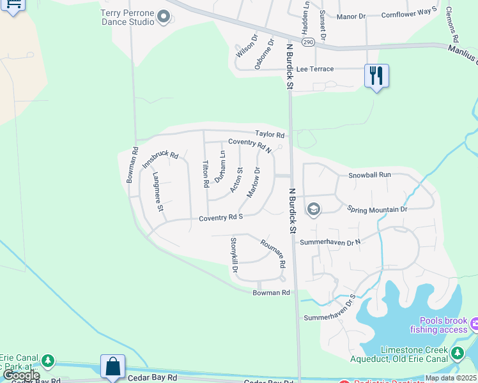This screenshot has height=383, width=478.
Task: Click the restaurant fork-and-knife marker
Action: (x=376, y=76)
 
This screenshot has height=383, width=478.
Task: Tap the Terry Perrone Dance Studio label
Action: (x=128, y=17)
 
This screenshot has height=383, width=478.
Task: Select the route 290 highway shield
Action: (x=308, y=42)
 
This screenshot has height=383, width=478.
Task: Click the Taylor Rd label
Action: (x=270, y=135)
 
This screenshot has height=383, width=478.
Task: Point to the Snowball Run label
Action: (x=369, y=175)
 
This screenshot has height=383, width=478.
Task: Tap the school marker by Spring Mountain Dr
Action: (x=314, y=209)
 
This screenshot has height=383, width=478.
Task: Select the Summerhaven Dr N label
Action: (x=330, y=242)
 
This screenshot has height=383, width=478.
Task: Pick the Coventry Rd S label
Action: (x=220, y=218)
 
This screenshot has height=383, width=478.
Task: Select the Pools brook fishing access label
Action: (x=443, y=326)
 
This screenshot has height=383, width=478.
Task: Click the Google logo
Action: (x=21, y=376)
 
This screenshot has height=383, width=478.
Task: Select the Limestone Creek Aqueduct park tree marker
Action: (x=456, y=353)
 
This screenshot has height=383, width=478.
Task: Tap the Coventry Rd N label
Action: (x=250, y=145)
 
